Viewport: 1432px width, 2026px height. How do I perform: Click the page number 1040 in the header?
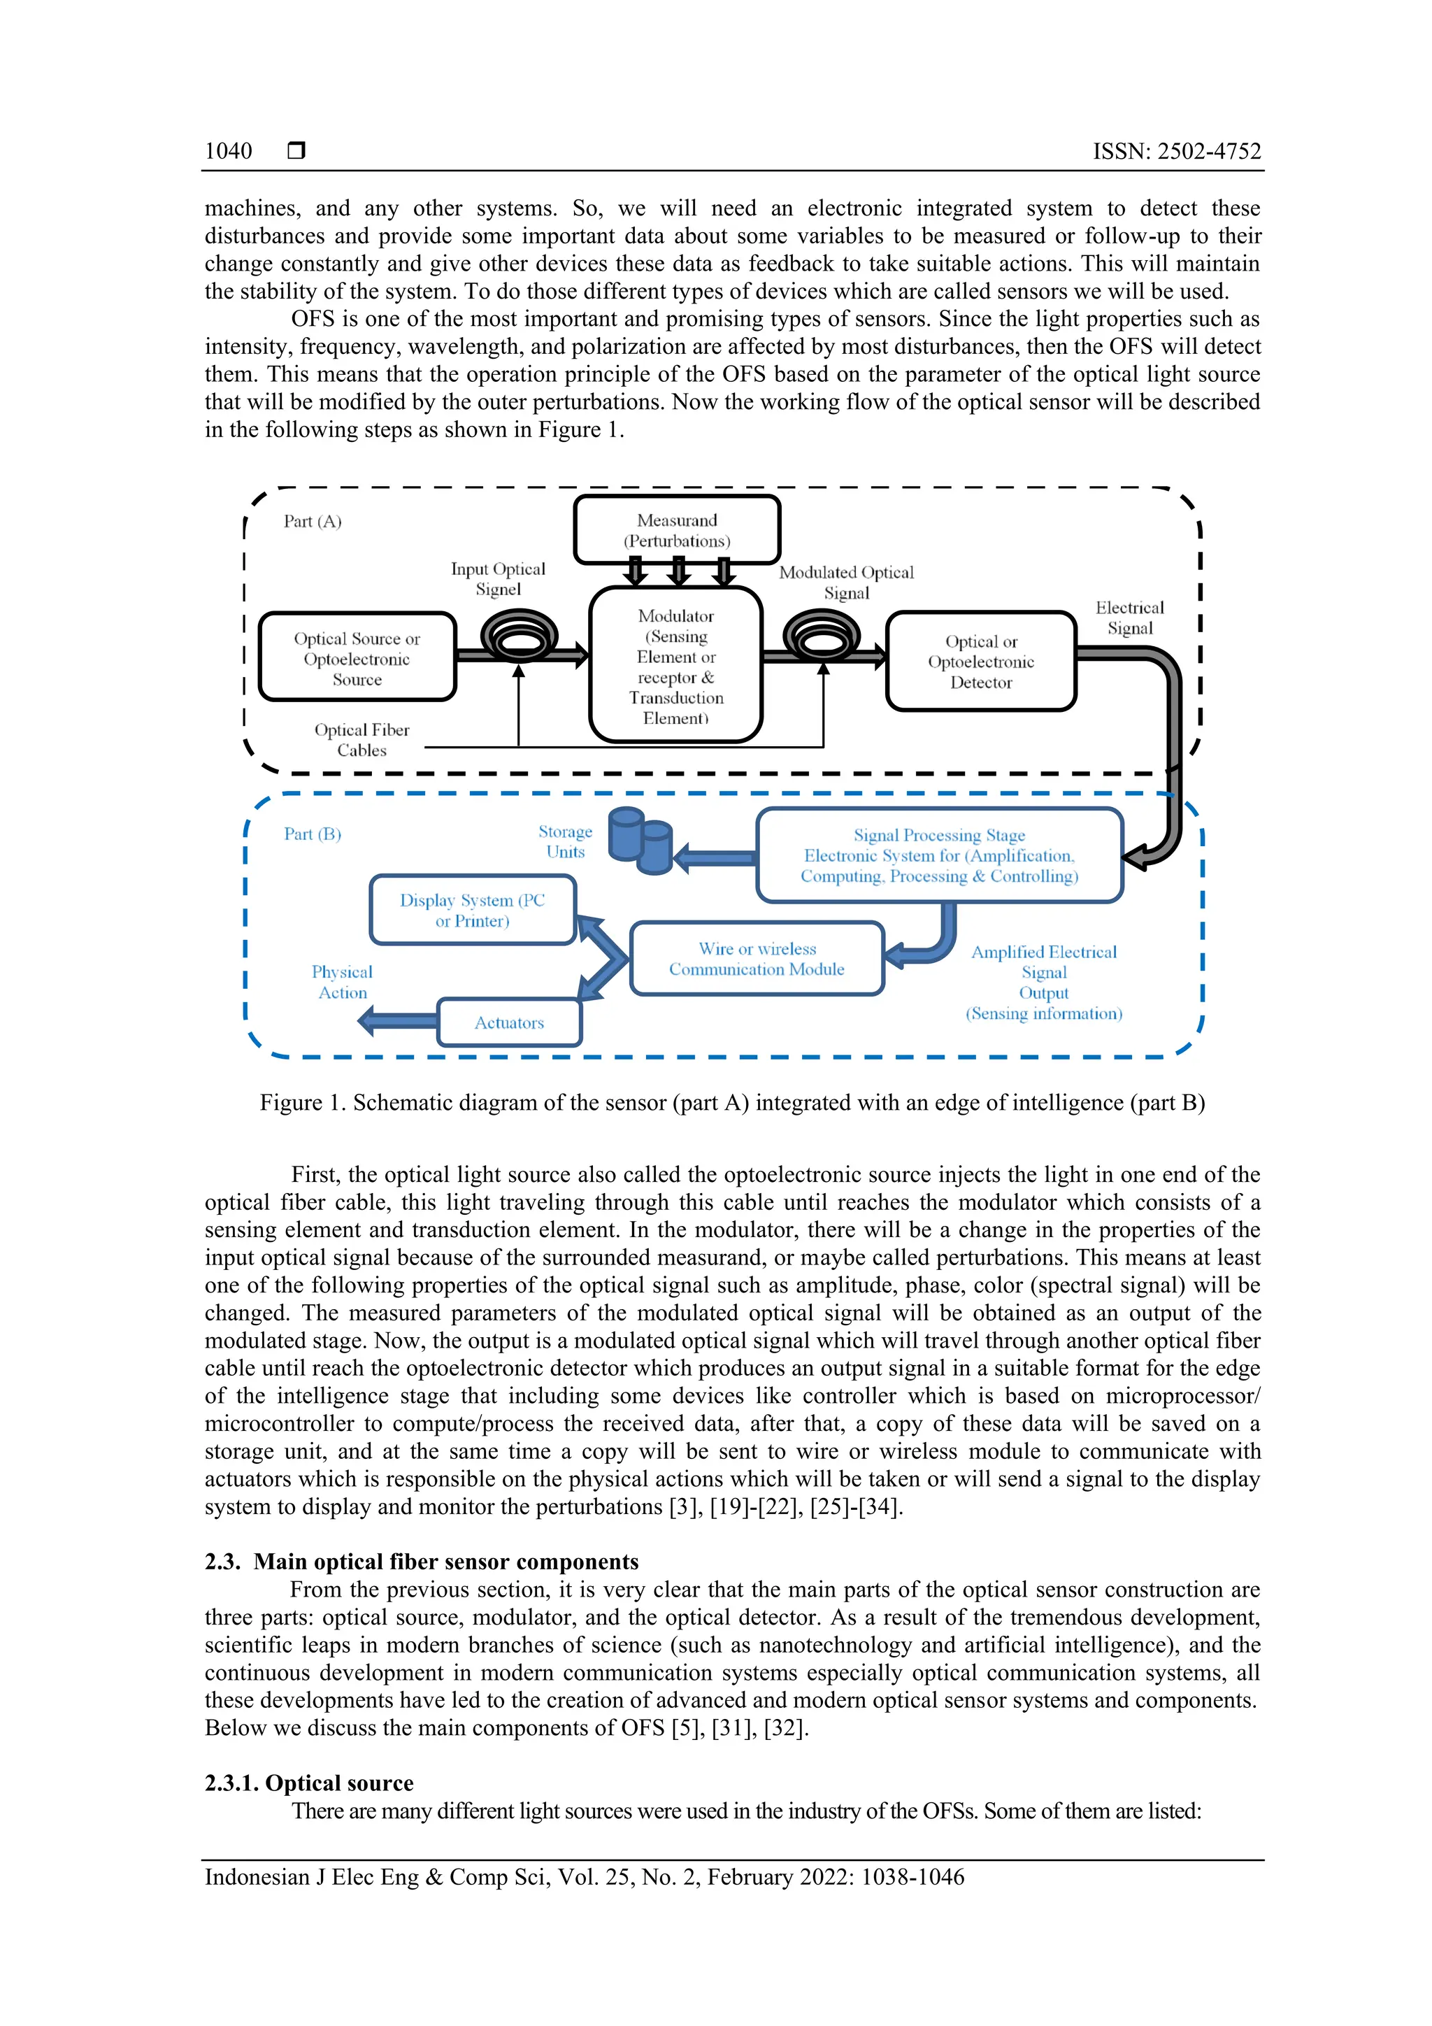228,151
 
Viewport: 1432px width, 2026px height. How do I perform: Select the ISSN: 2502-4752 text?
1176,151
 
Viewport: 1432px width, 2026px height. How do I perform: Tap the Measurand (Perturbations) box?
677,530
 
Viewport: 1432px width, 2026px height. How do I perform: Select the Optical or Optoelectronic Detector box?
980,662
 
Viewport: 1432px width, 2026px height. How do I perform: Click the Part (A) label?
313,522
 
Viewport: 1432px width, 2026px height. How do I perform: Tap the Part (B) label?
313,834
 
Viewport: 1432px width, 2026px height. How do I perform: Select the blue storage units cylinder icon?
641,842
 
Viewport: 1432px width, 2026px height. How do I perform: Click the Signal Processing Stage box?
939,855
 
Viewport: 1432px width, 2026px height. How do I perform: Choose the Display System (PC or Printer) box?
472,910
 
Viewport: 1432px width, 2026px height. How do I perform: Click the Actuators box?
509,1022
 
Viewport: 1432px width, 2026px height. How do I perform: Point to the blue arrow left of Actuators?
397,1022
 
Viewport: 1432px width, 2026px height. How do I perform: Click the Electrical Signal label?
1129,618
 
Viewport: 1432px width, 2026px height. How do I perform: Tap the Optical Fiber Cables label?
361,739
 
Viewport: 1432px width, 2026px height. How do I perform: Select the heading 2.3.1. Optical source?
309,1783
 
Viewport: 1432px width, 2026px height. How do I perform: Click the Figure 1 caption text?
731,1102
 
